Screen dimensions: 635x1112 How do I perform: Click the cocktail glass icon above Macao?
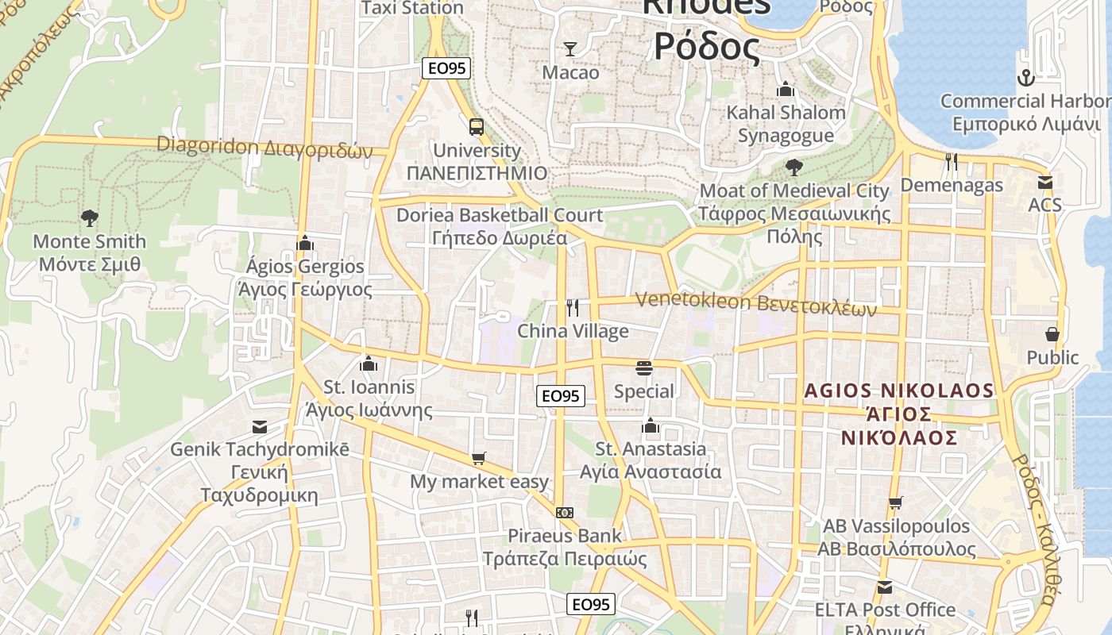(570, 49)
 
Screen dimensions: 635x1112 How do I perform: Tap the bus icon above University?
(477, 126)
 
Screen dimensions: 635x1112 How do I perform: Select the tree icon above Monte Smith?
(90, 217)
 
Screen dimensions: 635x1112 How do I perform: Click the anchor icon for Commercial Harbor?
(1026, 78)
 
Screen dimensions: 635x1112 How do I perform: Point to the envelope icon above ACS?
(1045, 183)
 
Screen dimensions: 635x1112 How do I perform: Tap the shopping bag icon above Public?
(1052, 334)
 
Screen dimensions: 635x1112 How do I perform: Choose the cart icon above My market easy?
(478, 458)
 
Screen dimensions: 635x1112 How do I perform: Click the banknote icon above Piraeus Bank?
(565, 513)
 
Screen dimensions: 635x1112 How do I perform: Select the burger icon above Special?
(644, 368)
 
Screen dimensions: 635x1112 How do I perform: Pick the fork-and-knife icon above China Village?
(573, 308)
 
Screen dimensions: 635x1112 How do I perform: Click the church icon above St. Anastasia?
(651, 425)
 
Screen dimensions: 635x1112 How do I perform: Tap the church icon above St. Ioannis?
(369, 364)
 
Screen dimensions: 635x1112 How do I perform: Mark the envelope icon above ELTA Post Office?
(885, 587)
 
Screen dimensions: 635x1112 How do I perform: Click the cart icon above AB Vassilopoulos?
(896, 502)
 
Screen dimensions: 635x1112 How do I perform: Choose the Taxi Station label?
(412, 8)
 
